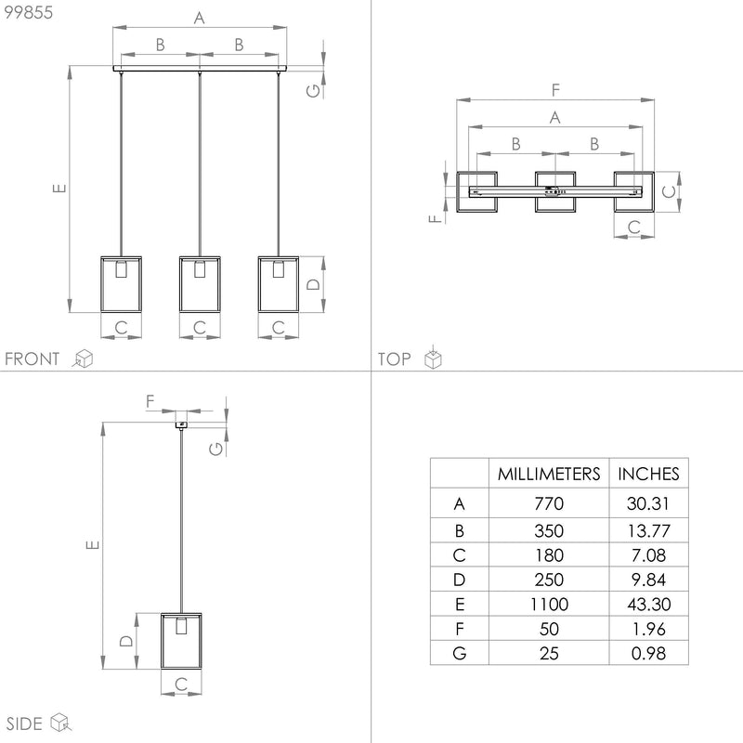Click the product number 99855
29,12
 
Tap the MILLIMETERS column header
549,474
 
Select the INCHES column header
648,474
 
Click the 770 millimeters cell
549,503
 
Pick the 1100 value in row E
549,605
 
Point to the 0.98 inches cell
648,654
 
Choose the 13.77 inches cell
648,530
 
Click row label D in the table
459,580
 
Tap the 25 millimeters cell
549,654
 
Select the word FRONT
32,358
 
